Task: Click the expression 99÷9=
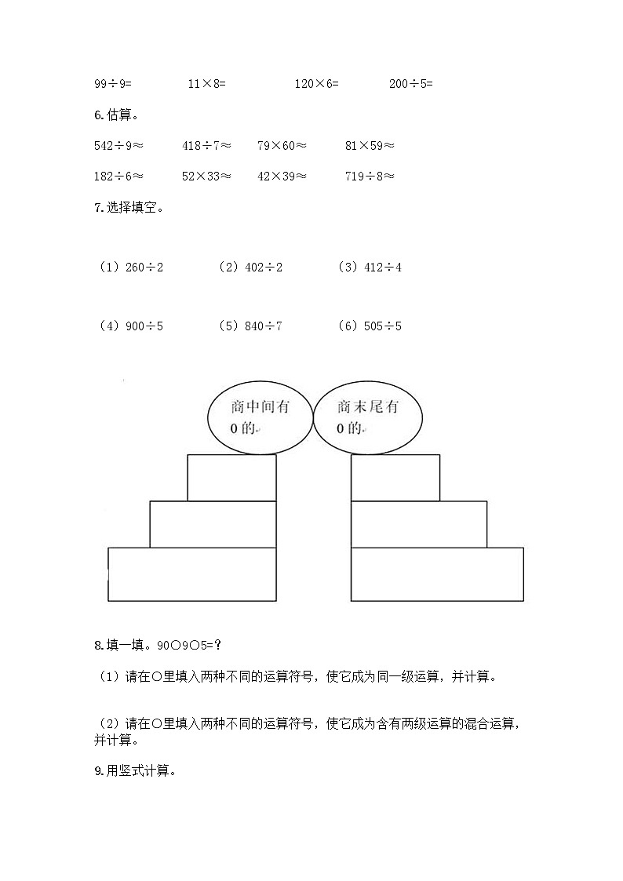[113, 83]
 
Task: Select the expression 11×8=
[206, 83]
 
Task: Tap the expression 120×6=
[317, 83]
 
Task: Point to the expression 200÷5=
[411, 83]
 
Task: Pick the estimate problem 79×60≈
[282, 145]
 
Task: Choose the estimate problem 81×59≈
[370, 145]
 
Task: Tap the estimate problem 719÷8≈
[370, 177]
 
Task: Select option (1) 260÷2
[131, 268]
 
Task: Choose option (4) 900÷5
[131, 326]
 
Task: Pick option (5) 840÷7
[250, 326]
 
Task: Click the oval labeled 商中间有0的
[260, 417]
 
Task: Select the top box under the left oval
[231, 477]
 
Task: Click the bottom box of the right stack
[437, 574]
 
